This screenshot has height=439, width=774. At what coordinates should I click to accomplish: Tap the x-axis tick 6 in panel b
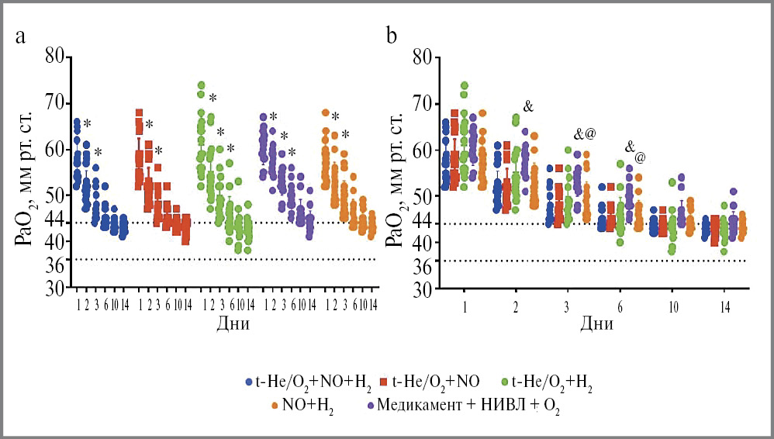tap(620, 307)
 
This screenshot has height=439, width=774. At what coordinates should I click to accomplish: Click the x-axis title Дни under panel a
tap(233, 323)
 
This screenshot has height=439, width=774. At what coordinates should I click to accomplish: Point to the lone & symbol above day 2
tap(528, 105)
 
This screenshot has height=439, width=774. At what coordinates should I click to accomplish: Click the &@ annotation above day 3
tap(585, 133)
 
